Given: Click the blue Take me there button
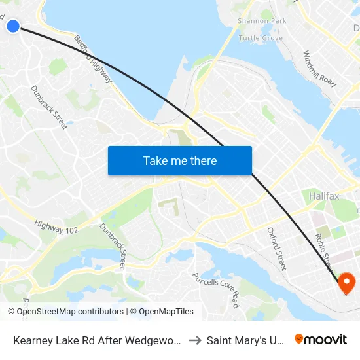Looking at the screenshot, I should pos(180,160).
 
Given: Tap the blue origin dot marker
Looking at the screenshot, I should pos(12,26).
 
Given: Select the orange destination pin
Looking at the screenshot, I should pos(345,283).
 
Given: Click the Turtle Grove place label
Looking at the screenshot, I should pos(261,38).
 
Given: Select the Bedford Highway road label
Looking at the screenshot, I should pos(93,59).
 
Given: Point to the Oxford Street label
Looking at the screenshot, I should pos(277,249).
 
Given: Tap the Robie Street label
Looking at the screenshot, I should pos(324,253).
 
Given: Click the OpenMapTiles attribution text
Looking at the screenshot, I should pos(162,312).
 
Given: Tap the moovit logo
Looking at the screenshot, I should pos(320,339).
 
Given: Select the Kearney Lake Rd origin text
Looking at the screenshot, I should pos(98,340).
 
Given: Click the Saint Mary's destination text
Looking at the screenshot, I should pos(245,340).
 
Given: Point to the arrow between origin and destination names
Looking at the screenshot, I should pos(195,340).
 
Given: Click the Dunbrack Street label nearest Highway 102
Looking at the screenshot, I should pos(113,246).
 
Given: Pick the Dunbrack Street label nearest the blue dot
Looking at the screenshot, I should pos(48,107).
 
